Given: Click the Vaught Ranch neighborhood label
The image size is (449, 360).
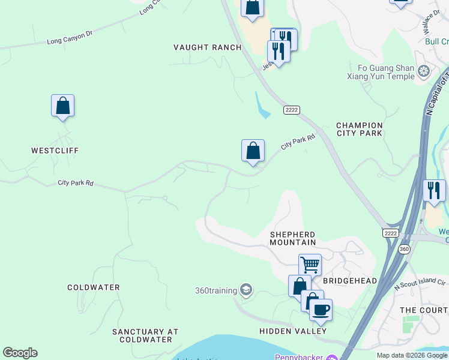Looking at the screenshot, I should [208, 47].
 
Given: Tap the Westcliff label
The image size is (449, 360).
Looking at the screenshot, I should [55, 151].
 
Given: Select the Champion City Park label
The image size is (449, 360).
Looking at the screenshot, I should [360, 129].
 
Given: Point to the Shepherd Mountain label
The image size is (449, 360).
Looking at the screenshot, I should [292, 238].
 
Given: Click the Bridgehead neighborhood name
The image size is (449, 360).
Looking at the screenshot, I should [350, 281].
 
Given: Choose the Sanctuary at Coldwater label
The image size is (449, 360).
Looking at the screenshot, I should [145, 335].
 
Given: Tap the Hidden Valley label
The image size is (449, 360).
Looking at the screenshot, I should [293, 331].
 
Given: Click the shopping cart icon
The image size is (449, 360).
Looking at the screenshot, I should [310, 265].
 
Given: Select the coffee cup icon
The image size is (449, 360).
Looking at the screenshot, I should [321, 310].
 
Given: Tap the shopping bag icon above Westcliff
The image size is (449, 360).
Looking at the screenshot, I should [62, 106].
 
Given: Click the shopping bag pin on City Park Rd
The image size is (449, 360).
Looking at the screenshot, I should [253, 151].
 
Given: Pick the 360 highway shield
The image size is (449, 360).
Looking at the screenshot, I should [405, 248].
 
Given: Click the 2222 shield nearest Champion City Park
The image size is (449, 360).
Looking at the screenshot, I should [292, 110].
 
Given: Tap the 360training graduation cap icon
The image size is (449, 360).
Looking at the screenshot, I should [246, 290].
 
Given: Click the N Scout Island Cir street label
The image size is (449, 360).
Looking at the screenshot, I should [420, 283].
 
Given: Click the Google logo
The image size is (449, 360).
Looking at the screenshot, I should [20, 353].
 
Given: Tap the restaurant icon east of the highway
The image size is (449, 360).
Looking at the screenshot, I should [434, 190].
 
